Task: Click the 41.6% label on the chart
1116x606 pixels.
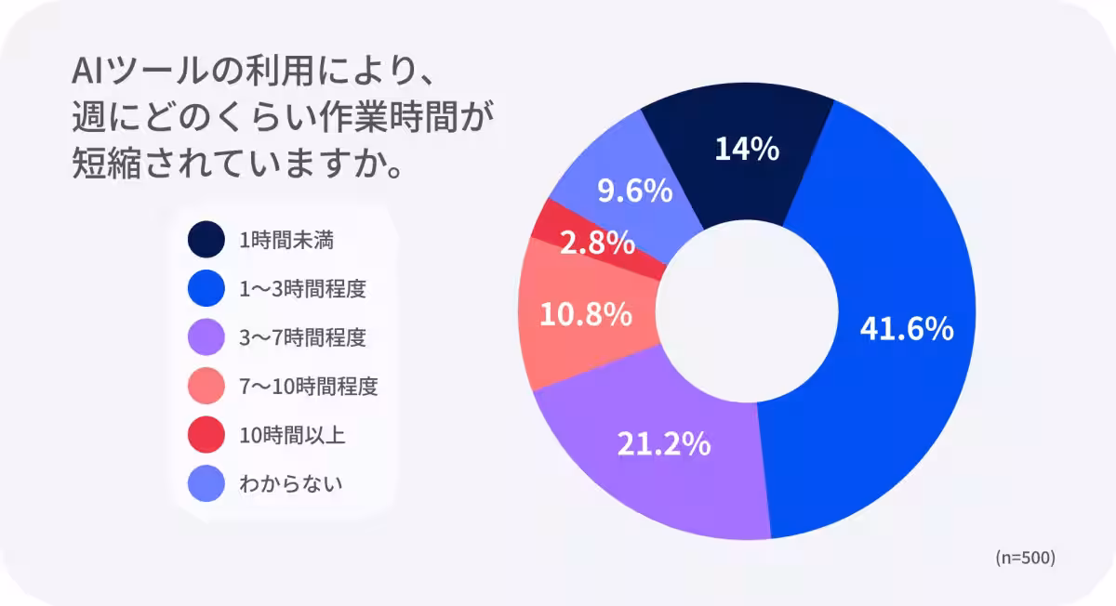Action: pyautogui.click(x=907, y=328)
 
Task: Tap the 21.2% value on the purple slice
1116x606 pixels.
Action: pyautogui.click(x=664, y=444)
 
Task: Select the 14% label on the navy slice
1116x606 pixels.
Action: pyautogui.click(x=747, y=149)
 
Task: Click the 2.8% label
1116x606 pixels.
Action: pyautogui.click(x=597, y=244)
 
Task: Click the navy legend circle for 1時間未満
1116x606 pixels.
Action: pyautogui.click(x=206, y=240)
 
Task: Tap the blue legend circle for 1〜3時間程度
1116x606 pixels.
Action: pyautogui.click(x=206, y=288)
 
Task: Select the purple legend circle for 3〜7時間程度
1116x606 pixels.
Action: pyautogui.click(x=206, y=336)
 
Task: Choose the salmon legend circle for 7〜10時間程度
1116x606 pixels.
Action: pyautogui.click(x=206, y=385)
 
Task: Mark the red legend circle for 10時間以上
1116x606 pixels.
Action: pyautogui.click(x=206, y=433)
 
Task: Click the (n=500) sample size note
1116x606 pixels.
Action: pyautogui.click(x=1025, y=558)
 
